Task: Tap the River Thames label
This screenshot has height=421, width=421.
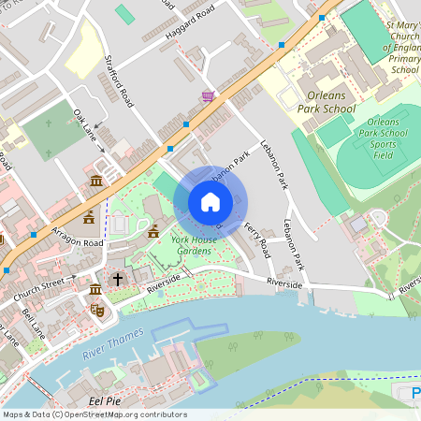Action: pyautogui.click(x=112, y=345)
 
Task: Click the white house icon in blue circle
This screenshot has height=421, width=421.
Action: pyautogui.click(x=210, y=201)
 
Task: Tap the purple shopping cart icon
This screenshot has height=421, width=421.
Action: pyautogui.click(x=207, y=95)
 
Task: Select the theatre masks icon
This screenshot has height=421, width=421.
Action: pyautogui.click(x=96, y=308)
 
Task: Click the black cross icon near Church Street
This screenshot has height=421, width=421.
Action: pyautogui.click(x=118, y=279)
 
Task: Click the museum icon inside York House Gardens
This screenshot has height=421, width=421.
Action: pyautogui.click(x=152, y=231)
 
